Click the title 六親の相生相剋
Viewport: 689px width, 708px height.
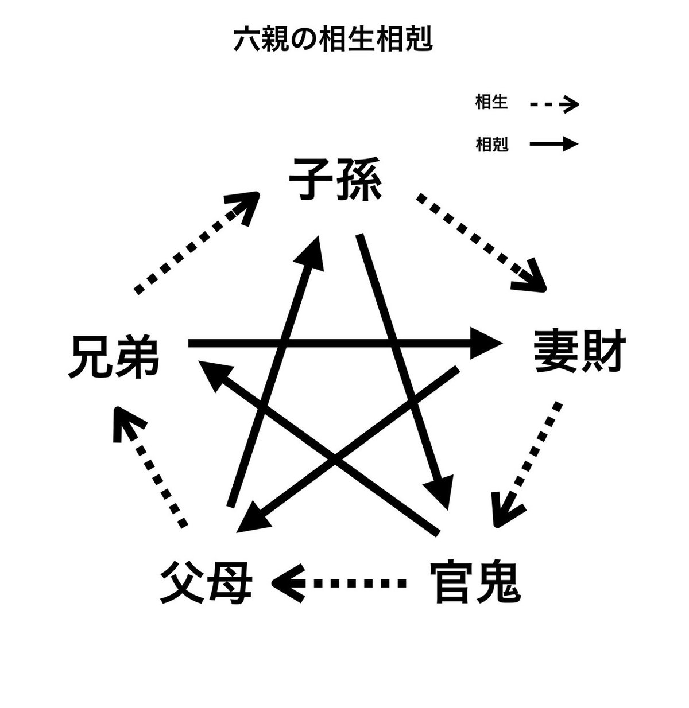click(x=332, y=39)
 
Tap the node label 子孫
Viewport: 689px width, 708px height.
click(x=335, y=179)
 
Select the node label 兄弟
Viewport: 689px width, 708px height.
click(x=114, y=357)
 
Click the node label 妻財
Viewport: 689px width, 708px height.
click(x=580, y=351)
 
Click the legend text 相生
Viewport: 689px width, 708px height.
click(x=491, y=102)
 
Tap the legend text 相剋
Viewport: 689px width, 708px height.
click(x=491, y=144)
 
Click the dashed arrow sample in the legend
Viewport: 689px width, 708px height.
click(x=554, y=104)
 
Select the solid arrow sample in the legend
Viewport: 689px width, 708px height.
click(x=554, y=144)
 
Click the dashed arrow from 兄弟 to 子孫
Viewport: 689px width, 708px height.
click(x=196, y=243)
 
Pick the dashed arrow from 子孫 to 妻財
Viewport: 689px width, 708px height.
click(x=481, y=242)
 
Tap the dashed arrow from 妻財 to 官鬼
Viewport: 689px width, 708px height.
click(x=527, y=464)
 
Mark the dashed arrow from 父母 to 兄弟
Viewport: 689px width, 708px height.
click(x=150, y=467)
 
